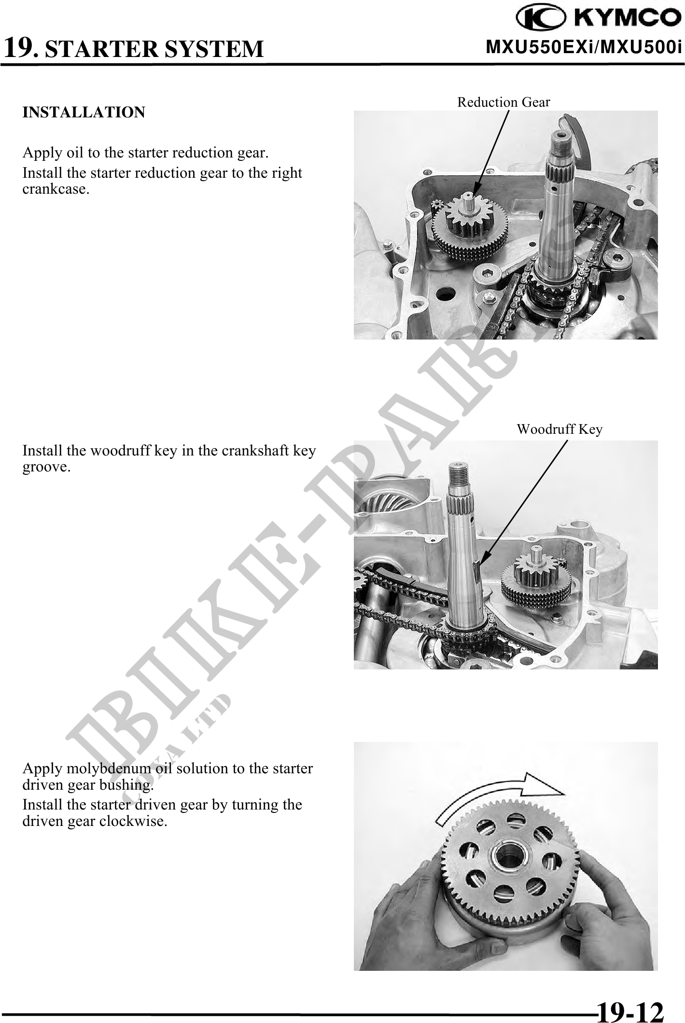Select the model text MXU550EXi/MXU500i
pos(583,48)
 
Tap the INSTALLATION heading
pos(84,113)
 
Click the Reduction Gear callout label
pos(503,102)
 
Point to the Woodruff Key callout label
pos(560,429)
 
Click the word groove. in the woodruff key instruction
pos(47,468)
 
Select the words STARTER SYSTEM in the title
pos(154,49)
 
